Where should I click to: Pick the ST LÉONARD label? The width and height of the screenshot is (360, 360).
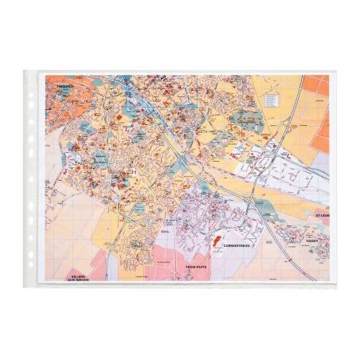click(x=320, y=214)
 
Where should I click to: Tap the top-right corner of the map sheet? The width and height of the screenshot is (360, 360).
click(x=328, y=75)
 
